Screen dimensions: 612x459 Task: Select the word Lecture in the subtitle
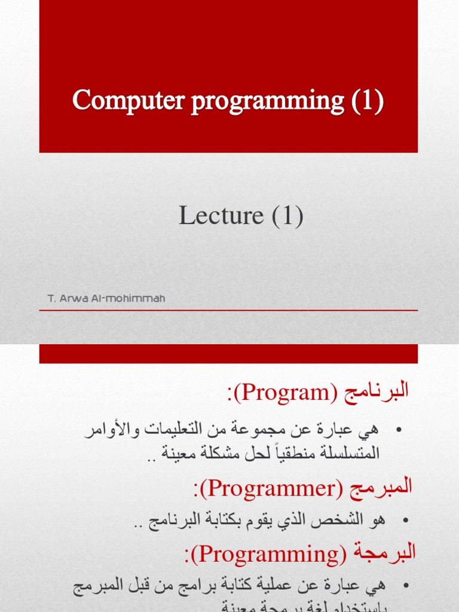(x=221, y=216)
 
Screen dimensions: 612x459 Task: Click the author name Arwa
(x=70, y=298)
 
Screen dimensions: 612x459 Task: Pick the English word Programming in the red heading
(x=269, y=555)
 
